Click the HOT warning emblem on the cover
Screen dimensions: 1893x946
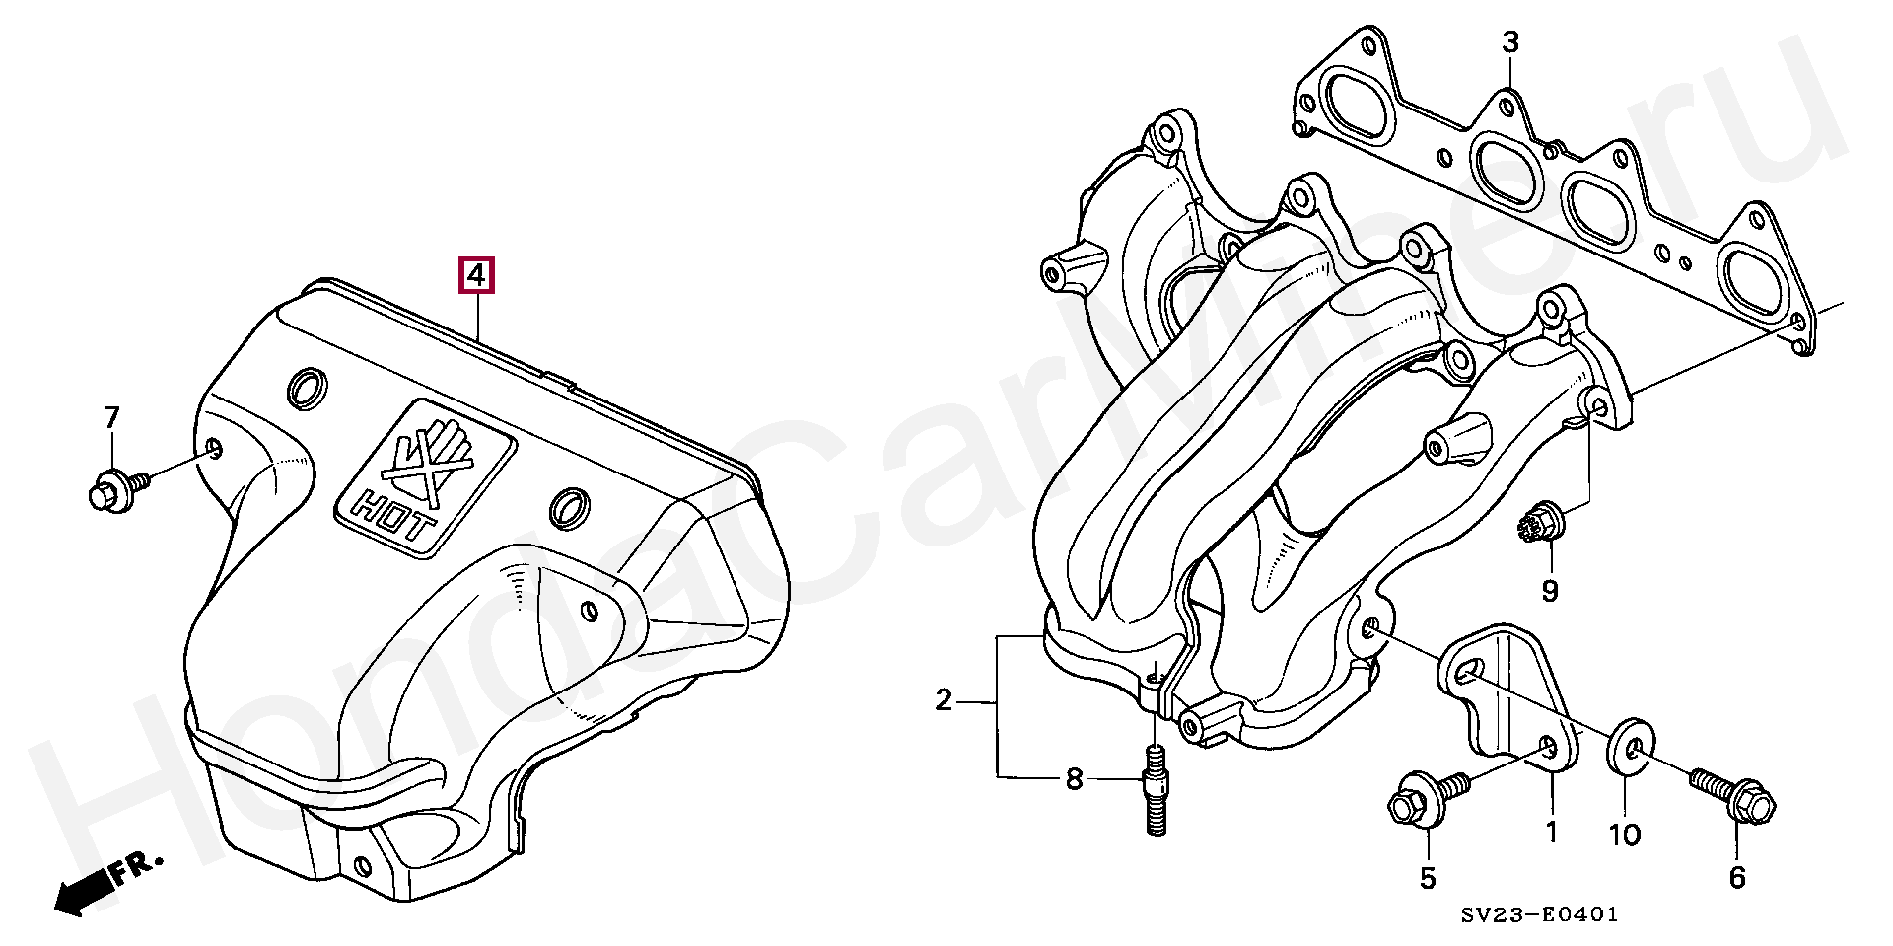(x=425, y=474)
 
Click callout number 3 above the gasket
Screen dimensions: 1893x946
(x=1510, y=42)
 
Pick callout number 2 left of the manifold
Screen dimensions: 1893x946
(x=944, y=701)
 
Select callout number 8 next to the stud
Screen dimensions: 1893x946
(x=1074, y=780)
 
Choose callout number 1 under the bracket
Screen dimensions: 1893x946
(x=1551, y=833)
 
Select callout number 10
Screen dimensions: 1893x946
(x=1625, y=836)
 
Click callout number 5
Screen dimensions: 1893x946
(x=1428, y=878)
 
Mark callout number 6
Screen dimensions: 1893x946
(x=1737, y=876)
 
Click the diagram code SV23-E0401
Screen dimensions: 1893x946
(x=1539, y=915)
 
